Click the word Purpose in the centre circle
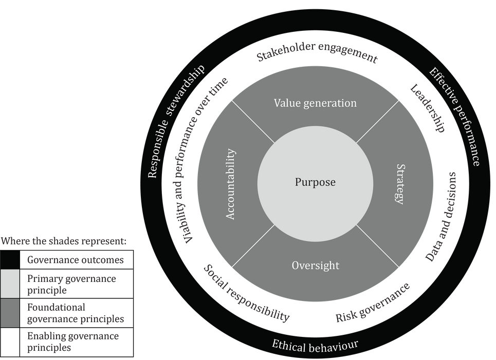(315, 182)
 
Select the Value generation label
(315, 103)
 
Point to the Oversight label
(315, 266)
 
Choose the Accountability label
(231, 184)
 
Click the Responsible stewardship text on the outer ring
(175, 121)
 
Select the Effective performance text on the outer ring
(455, 116)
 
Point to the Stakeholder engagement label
(317, 55)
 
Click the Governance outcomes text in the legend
(75, 260)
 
